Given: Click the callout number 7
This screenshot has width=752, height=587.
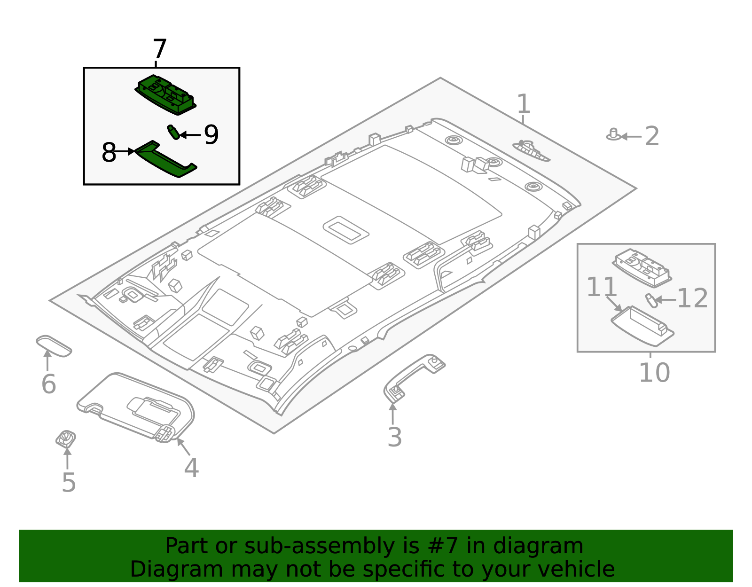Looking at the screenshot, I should coord(160,49).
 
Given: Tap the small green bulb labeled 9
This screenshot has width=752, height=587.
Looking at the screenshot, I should coord(173,132).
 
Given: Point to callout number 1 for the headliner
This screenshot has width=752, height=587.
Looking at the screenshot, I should coord(523,104).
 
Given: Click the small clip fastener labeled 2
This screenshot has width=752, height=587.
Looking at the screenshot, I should coord(613,135).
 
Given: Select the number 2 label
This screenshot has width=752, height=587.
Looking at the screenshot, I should coord(652,136).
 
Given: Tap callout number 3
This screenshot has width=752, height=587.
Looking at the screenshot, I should coord(394,437).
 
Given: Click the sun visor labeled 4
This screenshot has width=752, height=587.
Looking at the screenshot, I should coord(136,404).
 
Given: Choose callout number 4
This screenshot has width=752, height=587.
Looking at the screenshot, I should coord(191,468).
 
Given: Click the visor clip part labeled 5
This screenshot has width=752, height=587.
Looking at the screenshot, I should coord(66,438).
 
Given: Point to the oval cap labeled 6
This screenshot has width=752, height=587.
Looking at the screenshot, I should coord(54,346).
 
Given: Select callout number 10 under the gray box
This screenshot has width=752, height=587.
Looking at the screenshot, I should coord(654,373).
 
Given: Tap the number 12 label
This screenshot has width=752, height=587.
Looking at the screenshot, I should coord(692,298).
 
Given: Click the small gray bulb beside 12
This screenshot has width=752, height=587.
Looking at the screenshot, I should coord(650,300).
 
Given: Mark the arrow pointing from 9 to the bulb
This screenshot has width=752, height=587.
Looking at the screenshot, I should coord(190,135).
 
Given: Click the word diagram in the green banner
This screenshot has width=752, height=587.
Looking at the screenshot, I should coord(555,546).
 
